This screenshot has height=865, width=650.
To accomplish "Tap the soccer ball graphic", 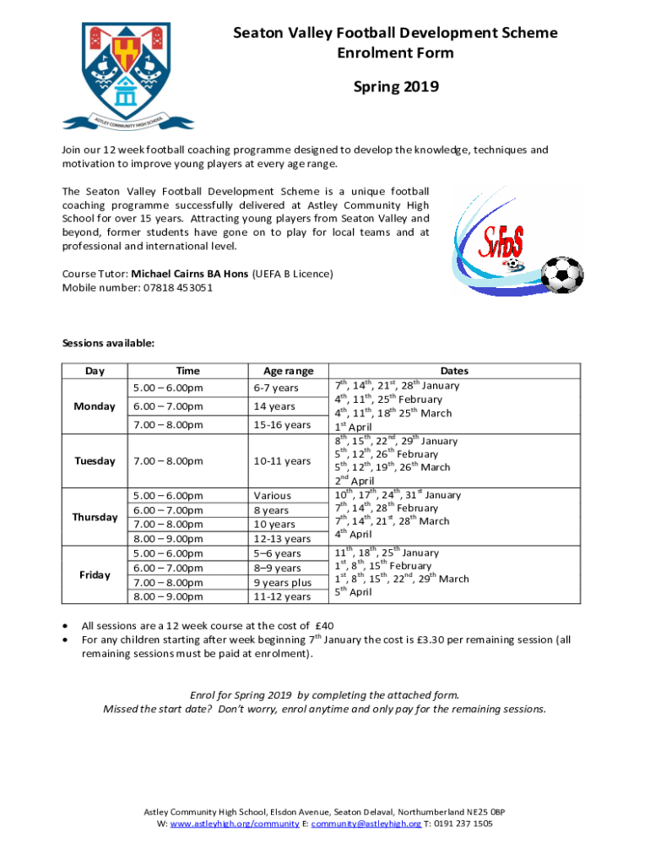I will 561,275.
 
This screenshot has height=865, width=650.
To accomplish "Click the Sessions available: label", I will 108,343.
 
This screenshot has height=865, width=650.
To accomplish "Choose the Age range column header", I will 288,371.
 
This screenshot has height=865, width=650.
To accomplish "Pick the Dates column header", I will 454,371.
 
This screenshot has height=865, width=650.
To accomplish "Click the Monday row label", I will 95,406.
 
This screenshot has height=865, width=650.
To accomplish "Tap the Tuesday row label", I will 95,461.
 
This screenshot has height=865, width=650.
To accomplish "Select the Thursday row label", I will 95,516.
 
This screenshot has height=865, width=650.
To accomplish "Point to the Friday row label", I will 95,574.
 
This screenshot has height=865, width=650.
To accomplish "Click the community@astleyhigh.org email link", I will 366,823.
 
